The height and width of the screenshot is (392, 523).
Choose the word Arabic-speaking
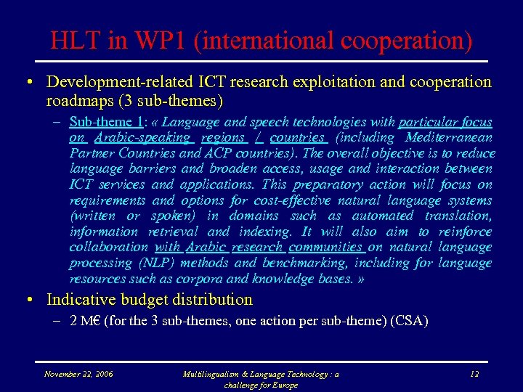point(142,137)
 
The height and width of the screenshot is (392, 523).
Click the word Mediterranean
point(448,137)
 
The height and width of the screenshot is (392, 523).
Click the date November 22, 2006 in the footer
point(78,374)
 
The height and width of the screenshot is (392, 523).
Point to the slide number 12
point(474,374)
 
